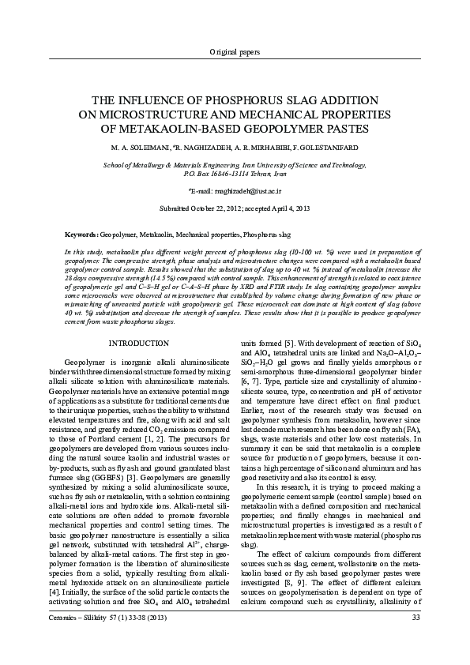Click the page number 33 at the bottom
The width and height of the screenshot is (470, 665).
(x=416, y=639)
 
